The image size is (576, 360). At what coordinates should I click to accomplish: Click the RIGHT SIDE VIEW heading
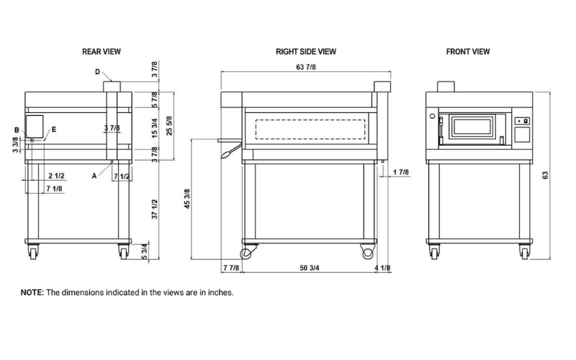(305, 52)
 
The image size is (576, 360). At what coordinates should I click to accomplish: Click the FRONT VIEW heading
(468, 52)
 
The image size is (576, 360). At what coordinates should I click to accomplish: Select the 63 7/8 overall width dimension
(305, 67)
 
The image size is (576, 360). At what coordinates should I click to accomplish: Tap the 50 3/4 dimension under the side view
(310, 269)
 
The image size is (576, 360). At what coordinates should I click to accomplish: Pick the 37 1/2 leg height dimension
(153, 210)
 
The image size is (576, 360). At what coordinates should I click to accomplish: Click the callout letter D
(97, 72)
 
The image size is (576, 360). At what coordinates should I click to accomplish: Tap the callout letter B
(17, 130)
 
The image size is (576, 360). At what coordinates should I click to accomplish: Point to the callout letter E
(53, 130)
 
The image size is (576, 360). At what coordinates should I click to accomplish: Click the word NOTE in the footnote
(32, 293)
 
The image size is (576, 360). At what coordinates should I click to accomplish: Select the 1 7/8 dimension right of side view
(401, 172)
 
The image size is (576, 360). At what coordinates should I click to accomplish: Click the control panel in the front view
(523, 127)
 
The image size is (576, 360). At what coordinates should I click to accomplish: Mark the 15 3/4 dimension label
(153, 129)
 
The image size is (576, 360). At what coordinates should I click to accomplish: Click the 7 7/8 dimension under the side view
(230, 269)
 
